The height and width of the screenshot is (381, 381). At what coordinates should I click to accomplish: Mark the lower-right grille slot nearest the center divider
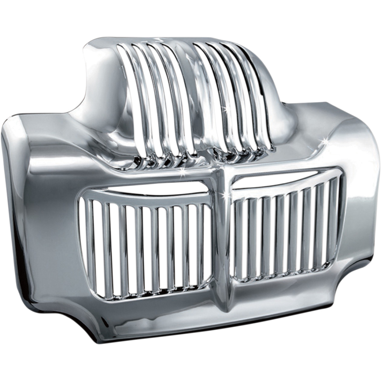coord(239,239)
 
